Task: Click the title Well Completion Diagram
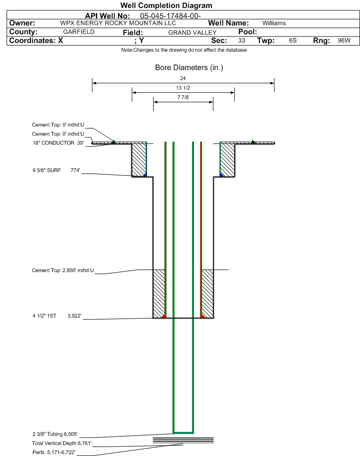166,6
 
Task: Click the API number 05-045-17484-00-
171,16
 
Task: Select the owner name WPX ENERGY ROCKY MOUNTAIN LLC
118,23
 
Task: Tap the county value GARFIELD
79,32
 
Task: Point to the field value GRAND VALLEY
193,33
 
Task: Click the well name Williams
274,23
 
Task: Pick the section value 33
241,40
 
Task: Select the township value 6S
293,40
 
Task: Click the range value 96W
344,40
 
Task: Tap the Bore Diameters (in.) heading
189,67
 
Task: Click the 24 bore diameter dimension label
183,78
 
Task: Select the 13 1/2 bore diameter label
183,88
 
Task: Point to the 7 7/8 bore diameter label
183,97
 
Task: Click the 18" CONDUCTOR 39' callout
58,143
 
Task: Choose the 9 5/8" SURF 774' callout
56,170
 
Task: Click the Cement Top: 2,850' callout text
63,270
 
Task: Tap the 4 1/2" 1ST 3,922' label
57,316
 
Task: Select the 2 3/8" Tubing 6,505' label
55,434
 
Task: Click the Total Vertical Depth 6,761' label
62,443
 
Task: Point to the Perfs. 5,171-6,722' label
54,452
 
